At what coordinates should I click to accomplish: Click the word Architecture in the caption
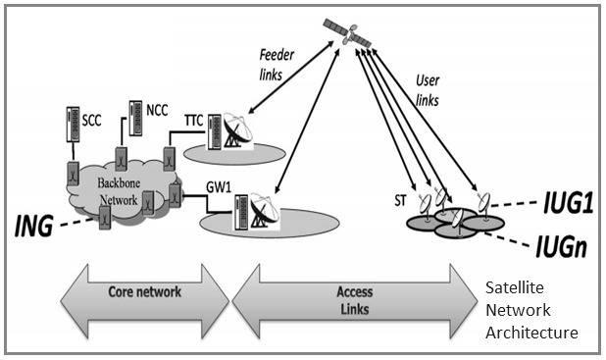click(531, 333)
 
